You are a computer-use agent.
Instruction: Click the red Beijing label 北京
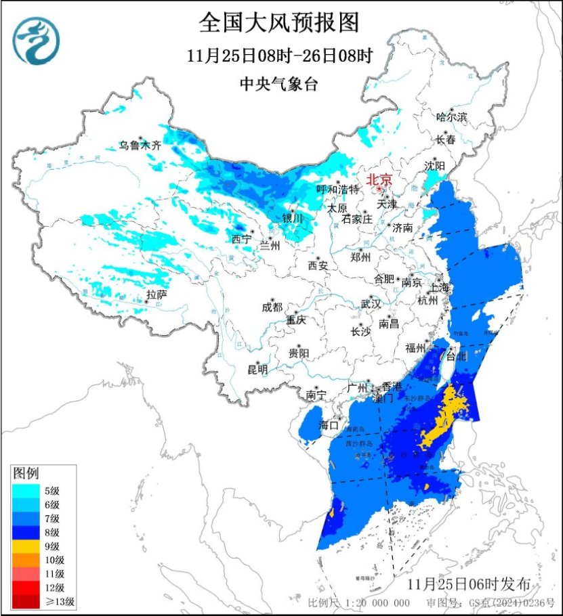(379, 180)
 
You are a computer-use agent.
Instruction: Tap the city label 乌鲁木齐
(140, 145)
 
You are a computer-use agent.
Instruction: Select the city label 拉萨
(157, 294)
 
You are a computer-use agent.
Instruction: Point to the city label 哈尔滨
(452, 117)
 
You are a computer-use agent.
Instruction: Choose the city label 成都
(272, 307)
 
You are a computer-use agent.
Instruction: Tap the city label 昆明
(257, 369)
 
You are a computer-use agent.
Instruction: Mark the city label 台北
(457, 357)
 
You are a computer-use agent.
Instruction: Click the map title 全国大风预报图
(278, 23)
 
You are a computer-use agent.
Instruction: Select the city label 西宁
(242, 239)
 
